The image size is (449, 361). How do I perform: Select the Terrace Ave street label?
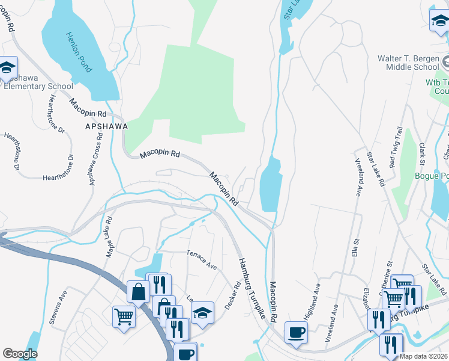201,259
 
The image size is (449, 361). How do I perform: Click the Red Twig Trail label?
396,147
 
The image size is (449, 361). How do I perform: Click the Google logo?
20,354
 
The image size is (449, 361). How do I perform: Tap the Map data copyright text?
424,356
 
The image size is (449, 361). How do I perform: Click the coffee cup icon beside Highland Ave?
296,332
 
